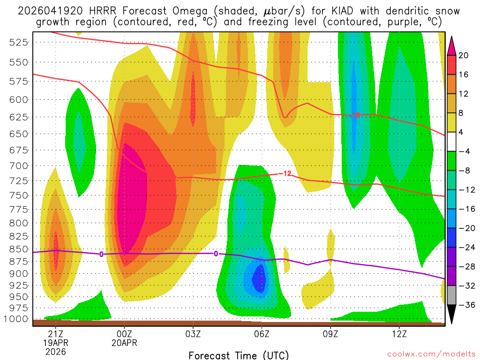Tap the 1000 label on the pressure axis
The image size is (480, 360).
point(19,319)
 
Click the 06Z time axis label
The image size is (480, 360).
point(262,334)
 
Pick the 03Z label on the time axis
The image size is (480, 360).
point(193,334)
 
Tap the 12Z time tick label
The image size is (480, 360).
point(399,334)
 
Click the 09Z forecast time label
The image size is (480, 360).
point(330,334)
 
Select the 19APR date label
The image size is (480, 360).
point(56,343)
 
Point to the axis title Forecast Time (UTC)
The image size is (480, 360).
point(239,355)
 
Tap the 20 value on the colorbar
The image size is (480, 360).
point(464,55)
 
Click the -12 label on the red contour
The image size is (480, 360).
point(287,174)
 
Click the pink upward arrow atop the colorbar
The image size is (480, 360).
point(452,46)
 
